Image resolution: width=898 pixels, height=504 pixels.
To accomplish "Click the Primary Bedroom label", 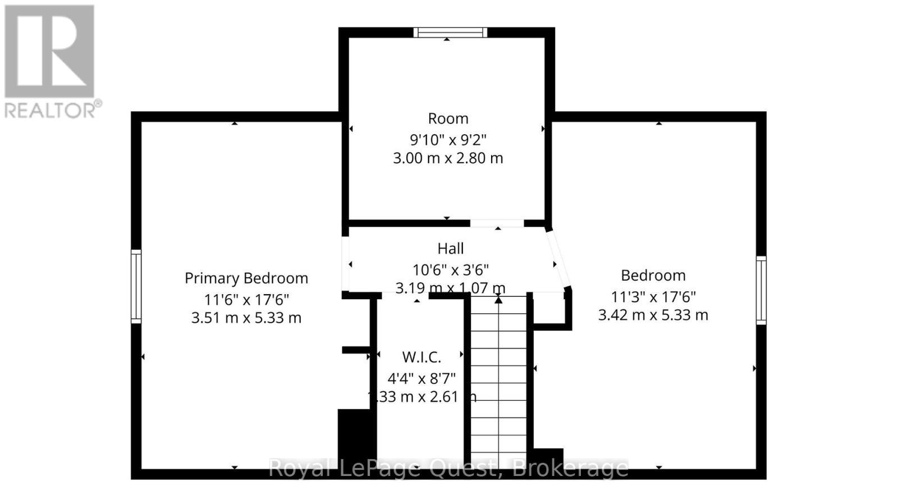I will (246, 278).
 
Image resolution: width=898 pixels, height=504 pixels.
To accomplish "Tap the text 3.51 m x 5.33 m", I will (246, 318).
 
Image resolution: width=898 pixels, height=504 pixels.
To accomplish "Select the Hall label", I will (451, 248).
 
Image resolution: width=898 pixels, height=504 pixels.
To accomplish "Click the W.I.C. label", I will (421, 357).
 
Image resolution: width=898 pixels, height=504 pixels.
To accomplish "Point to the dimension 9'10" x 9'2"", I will (448, 139).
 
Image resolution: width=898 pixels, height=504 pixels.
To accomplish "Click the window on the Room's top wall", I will (451, 33).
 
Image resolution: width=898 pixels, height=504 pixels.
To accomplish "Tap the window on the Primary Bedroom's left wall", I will (136, 286).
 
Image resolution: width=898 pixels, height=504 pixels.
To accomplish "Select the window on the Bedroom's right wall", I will (761, 290).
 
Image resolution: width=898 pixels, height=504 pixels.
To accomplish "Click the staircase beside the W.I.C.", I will (498, 382).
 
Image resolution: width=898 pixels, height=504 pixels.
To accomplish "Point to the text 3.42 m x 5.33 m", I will (653, 315).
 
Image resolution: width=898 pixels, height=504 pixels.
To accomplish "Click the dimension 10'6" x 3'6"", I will (451, 270).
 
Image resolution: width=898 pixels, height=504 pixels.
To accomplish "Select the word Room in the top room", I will (448, 118).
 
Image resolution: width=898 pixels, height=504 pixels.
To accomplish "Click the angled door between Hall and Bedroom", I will (559, 259).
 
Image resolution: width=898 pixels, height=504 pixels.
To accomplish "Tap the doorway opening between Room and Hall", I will (497, 223).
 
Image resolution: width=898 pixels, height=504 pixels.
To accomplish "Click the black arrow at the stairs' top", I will (498, 300).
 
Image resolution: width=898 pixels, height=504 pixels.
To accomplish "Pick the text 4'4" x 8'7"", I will (421, 378).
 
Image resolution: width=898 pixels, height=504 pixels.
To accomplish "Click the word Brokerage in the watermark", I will (570, 468).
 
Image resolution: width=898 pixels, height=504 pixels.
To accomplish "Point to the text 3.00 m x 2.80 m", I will (448, 158).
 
